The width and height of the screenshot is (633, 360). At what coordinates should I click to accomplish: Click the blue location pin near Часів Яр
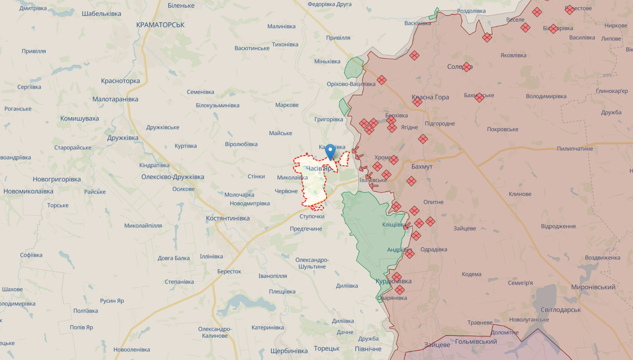pos(330,151)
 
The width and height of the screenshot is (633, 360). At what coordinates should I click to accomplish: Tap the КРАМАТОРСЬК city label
pos(160,25)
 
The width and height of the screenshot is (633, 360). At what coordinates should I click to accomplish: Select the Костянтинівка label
pos(228,218)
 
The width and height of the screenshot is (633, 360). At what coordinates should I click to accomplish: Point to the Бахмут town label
pos(422,166)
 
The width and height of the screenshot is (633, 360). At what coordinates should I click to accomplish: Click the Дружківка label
pos(123,138)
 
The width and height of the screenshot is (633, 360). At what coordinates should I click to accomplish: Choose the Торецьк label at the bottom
pos(327,348)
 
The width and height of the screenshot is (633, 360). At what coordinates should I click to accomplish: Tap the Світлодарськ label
pos(560,310)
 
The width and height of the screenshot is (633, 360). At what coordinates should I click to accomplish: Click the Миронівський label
pos(593,287)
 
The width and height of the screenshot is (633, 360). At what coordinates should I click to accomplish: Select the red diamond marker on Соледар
pos(466,67)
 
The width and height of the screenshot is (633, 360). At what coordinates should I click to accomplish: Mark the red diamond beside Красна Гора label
pos(417,102)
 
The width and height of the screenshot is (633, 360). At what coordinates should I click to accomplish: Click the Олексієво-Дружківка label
pos(173,177)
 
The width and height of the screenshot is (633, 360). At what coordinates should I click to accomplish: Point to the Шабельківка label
pos(102,14)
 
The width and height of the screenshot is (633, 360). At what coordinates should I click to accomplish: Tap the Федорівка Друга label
pos(329,4)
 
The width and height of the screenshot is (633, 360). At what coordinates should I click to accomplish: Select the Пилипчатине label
pos(574,149)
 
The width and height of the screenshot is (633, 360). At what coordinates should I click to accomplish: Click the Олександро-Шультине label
pos(312,263)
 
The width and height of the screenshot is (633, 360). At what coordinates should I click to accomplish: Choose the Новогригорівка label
pos(56,179)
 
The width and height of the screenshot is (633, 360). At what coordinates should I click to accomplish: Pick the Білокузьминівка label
pos(217,105)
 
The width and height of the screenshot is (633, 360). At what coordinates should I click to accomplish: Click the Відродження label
pos(558,226)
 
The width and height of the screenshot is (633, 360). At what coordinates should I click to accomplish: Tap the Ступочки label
pos(312,216)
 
